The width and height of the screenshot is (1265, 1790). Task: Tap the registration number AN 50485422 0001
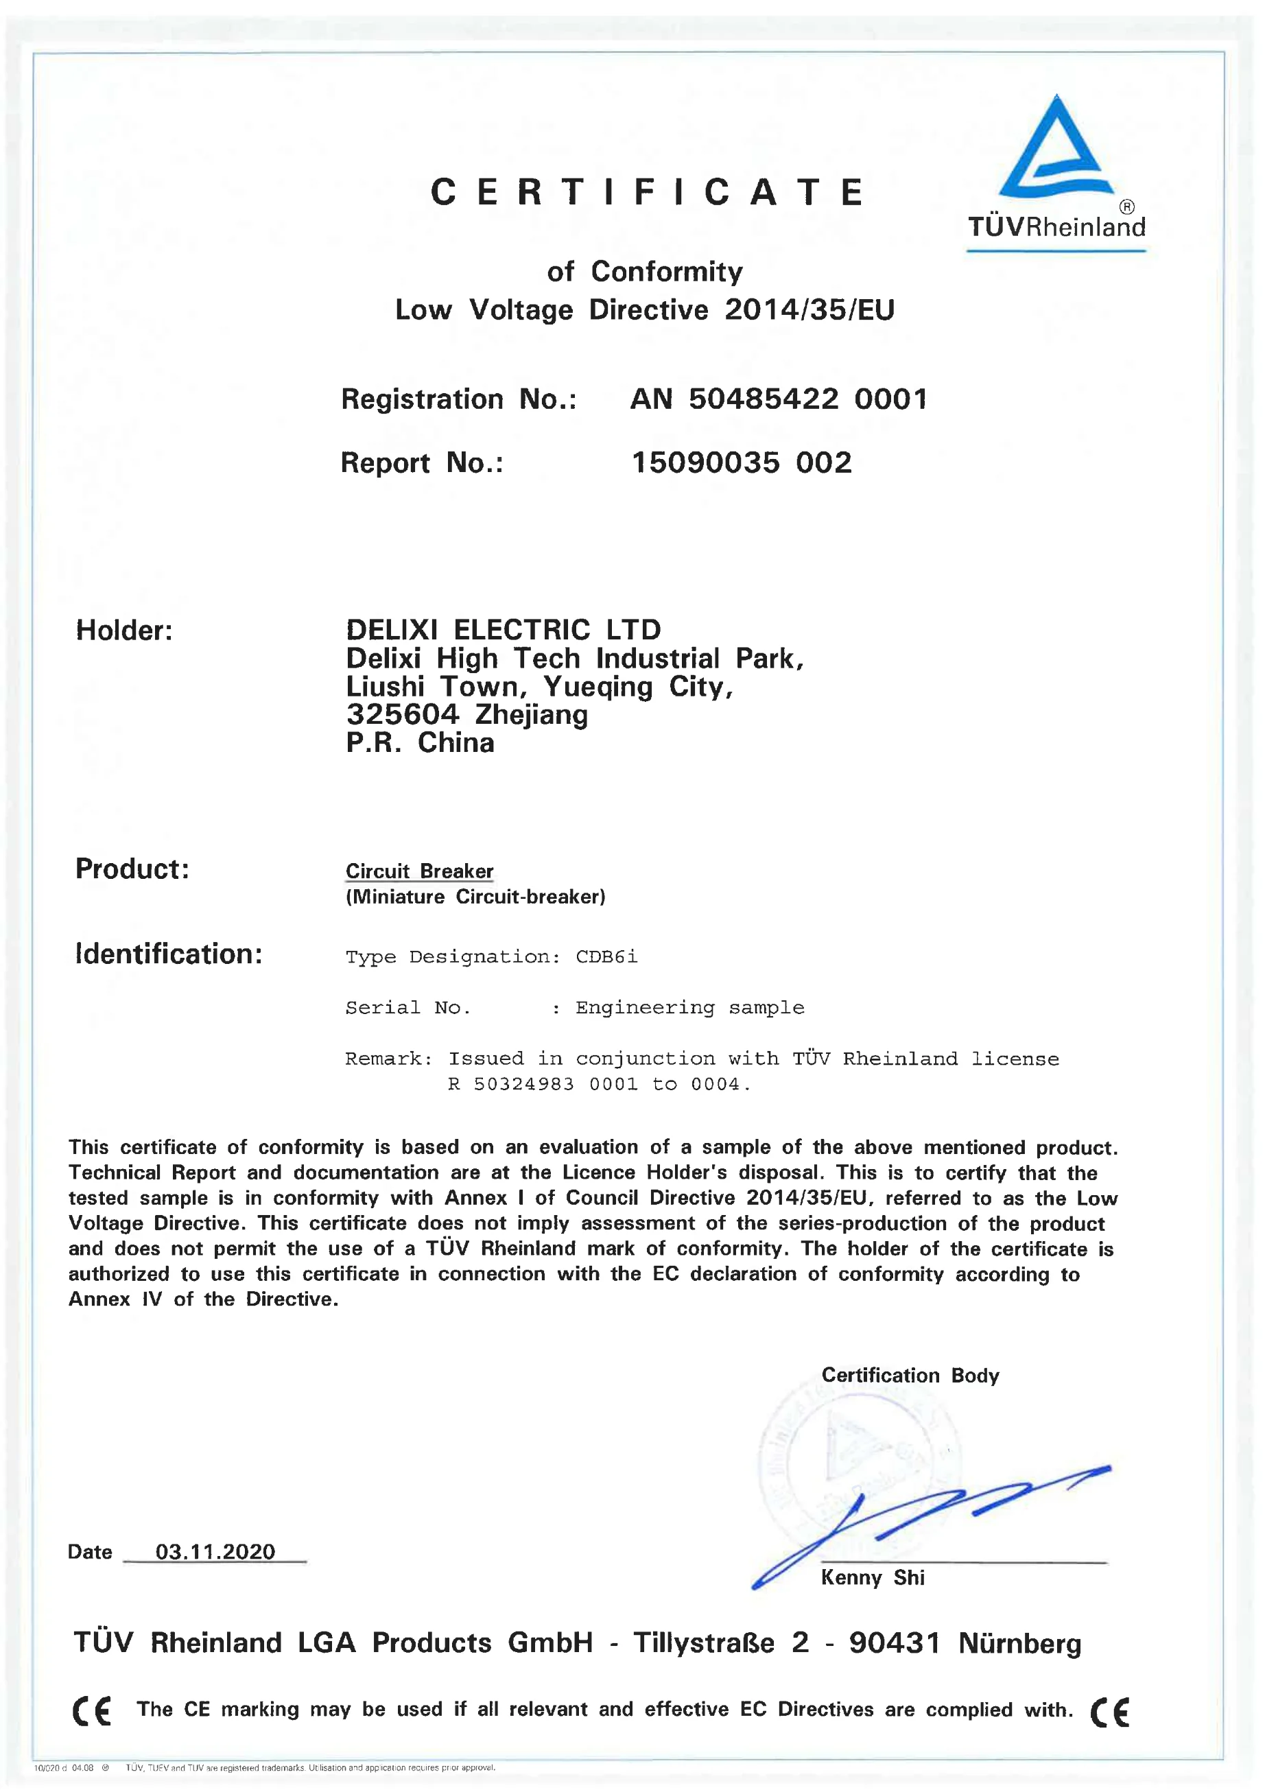778,399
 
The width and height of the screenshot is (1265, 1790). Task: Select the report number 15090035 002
741,463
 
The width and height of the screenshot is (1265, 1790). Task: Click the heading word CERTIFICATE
647,193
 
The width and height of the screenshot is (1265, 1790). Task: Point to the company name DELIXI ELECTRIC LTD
504,630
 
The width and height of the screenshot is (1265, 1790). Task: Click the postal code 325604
403,714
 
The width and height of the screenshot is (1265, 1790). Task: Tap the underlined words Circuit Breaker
419,871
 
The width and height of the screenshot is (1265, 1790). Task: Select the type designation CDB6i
606,956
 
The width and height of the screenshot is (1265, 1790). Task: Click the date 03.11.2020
215,1551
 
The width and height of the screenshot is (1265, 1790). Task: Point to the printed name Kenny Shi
872,1578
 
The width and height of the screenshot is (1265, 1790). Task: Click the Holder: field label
124,631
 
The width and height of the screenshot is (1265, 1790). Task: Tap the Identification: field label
168,954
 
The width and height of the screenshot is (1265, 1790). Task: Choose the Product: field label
132,869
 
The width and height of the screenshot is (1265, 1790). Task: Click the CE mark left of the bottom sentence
92,1710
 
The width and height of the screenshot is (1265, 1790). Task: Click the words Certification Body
910,1375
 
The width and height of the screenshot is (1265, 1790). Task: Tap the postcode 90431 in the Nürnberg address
894,1642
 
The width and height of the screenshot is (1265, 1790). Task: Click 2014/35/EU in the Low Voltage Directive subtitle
809,310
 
